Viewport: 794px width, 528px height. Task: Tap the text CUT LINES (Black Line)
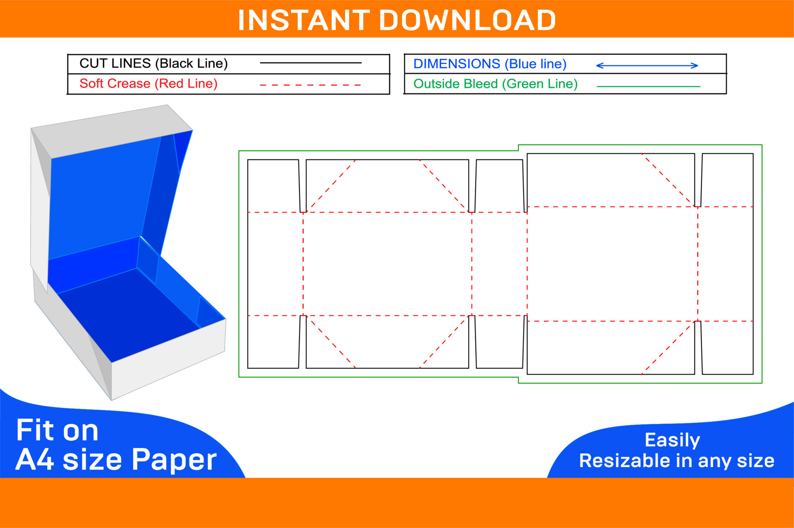[153, 63]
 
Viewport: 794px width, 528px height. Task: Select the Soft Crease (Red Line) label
[148, 84]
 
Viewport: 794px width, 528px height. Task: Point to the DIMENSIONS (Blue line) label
[490, 64]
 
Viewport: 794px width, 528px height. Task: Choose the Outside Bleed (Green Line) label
[495, 84]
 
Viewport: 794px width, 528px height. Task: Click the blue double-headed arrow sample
[647, 65]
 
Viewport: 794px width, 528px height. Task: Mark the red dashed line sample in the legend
[310, 85]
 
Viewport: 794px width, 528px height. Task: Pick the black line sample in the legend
[310, 63]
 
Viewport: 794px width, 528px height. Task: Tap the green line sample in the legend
[648, 86]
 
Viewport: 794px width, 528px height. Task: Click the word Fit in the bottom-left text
[35, 430]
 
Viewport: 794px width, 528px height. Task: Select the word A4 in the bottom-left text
[35, 459]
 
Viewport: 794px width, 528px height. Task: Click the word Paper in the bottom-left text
[174, 460]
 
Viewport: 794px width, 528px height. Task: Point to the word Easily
[672, 440]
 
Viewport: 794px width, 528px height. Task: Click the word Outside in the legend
[435, 84]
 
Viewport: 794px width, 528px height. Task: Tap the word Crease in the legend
[132, 84]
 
